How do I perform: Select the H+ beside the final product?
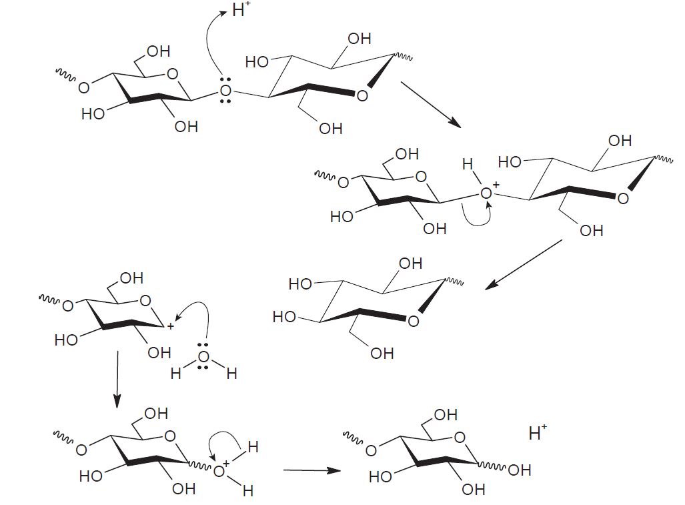coord(538,432)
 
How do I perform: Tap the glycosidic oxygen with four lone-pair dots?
coord(225,91)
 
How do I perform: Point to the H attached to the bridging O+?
coord(468,164)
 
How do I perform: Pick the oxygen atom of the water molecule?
coord(203,357)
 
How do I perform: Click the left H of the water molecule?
coord(175,374)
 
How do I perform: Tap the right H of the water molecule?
coord(231,374)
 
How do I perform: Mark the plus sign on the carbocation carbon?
coord(170,326)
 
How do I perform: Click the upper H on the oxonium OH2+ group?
coord(253,447)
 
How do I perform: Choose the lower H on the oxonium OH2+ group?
coord(247,490)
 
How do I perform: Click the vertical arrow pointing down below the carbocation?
coord(117,379)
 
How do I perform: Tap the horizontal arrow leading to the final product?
coord(312,470)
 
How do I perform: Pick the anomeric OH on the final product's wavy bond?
coord(520,470)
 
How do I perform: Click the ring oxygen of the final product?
coord(460,437)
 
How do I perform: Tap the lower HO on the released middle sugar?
coord(284,316)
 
